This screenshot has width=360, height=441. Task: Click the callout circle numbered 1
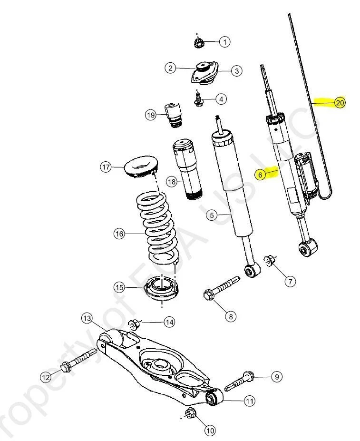coord(224,42)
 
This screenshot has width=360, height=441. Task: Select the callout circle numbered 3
coord(236,71)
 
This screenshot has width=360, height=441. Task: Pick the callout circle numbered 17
coord(106,167)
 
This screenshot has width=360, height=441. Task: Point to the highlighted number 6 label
coord(260,175)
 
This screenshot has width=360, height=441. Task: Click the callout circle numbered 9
coord(276,377)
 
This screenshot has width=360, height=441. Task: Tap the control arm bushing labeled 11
coord(213,398)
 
